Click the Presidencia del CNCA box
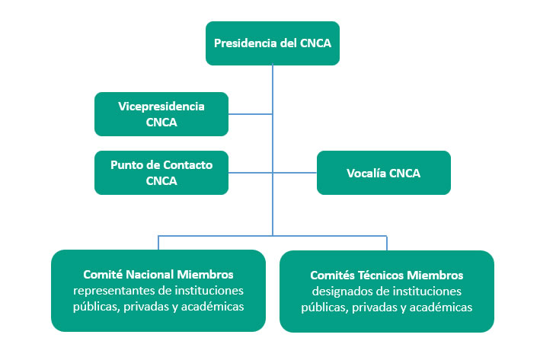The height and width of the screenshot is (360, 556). pyautogui.click(x=273, y=43)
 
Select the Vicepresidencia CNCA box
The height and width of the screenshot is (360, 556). pyautogui.click(x=161, y=114)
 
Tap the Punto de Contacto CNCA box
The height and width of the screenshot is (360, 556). pyautogui.click(x=161, y=173)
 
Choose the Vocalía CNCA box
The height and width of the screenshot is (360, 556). pyautogui.click(x=384, y=173)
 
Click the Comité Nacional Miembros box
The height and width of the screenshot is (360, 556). pyautogui.click(x=158, y=291)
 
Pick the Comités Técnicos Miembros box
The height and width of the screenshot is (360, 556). pyautogui.click(x=387, y=292)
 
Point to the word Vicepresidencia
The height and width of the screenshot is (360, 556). pyautogui.click(x=161, y=107)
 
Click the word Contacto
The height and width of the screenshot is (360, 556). pyautogui.click(x=185, y=165)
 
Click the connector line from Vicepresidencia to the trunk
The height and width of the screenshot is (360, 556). pyautogui.click(x=251, y=114)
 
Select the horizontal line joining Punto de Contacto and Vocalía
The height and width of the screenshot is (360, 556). pyautogui.click(x=293, y=173)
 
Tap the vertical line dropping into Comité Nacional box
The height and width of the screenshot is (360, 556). pyautogui.click(x=158, y=242)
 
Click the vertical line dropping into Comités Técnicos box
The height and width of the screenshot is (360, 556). pyautogui.click(x=387, y=242)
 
